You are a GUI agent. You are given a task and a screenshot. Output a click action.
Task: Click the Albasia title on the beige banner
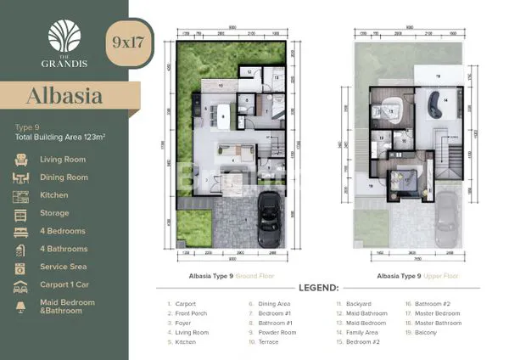60,95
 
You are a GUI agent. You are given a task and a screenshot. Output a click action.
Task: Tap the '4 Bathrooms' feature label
64,249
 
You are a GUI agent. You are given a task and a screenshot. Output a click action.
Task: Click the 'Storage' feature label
54,213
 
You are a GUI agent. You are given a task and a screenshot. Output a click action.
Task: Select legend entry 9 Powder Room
277,333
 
